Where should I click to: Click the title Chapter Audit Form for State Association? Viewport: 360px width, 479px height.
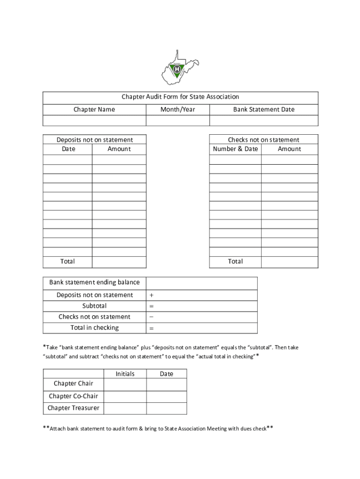coord(180,97)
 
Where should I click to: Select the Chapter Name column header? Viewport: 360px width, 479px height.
coord(94,109)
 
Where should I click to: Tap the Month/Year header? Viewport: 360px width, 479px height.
coord(178,109)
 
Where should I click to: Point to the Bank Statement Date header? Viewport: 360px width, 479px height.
coord(264,109)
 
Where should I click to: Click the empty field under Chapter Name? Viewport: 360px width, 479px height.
coord(94,121)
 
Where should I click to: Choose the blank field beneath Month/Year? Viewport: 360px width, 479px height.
coord(178,121)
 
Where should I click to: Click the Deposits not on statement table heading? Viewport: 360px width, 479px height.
coord(94,140)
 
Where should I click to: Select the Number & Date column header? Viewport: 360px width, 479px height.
coord(235,149)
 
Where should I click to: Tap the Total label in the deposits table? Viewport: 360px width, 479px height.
coord(67,261)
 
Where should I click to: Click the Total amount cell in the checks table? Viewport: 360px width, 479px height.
coord(289,262)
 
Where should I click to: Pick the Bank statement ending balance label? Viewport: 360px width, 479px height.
coord(94,283)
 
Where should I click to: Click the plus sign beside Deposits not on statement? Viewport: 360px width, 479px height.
coord(151,295)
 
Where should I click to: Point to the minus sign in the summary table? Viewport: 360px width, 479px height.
coord(151,317)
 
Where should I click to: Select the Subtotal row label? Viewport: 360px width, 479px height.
coord(94,306)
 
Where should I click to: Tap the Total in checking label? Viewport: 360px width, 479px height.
coord(94,328)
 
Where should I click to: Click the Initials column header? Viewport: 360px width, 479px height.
coord(125,374)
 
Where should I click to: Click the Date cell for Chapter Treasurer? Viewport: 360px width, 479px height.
coord(166,408)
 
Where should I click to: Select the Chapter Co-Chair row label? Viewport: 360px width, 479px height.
coord(73,396)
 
